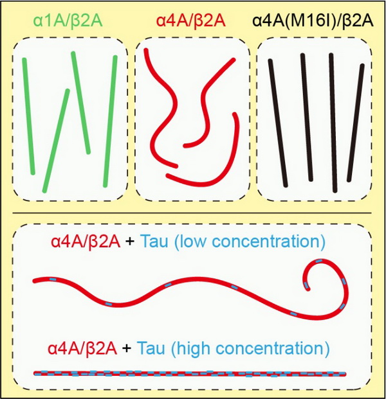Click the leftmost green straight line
tap(30, 116)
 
